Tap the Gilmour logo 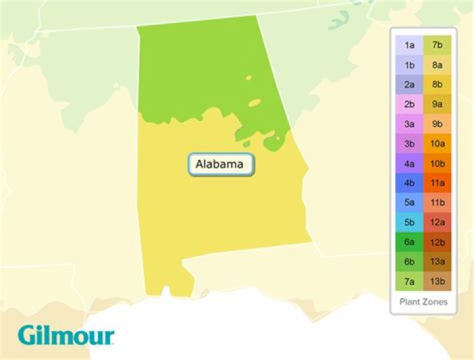[x=66, y=335]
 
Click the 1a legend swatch [x=409, y=45]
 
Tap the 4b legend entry [x=409, y=184]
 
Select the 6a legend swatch [x=409, y=243]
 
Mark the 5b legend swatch [x=409, y=223]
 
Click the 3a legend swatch [x=409, y=124]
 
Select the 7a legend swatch [x=409, y=282]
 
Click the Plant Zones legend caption [x=423, y=302]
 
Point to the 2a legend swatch [x=409, y=85]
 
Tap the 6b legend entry [x=409, y=263]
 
